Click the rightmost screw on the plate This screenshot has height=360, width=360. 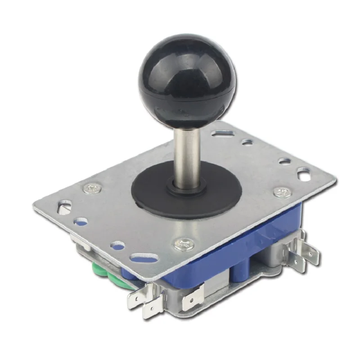(x=283, y=192)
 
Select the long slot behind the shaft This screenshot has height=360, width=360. (x=223, y=134)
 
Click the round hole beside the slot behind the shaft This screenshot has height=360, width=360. (x=247, y=142)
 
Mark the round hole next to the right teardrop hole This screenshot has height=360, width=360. (x=284, y=161)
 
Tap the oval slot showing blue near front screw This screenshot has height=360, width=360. (x=144, y=257)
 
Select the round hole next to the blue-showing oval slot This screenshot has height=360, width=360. (x=118, y=246)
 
